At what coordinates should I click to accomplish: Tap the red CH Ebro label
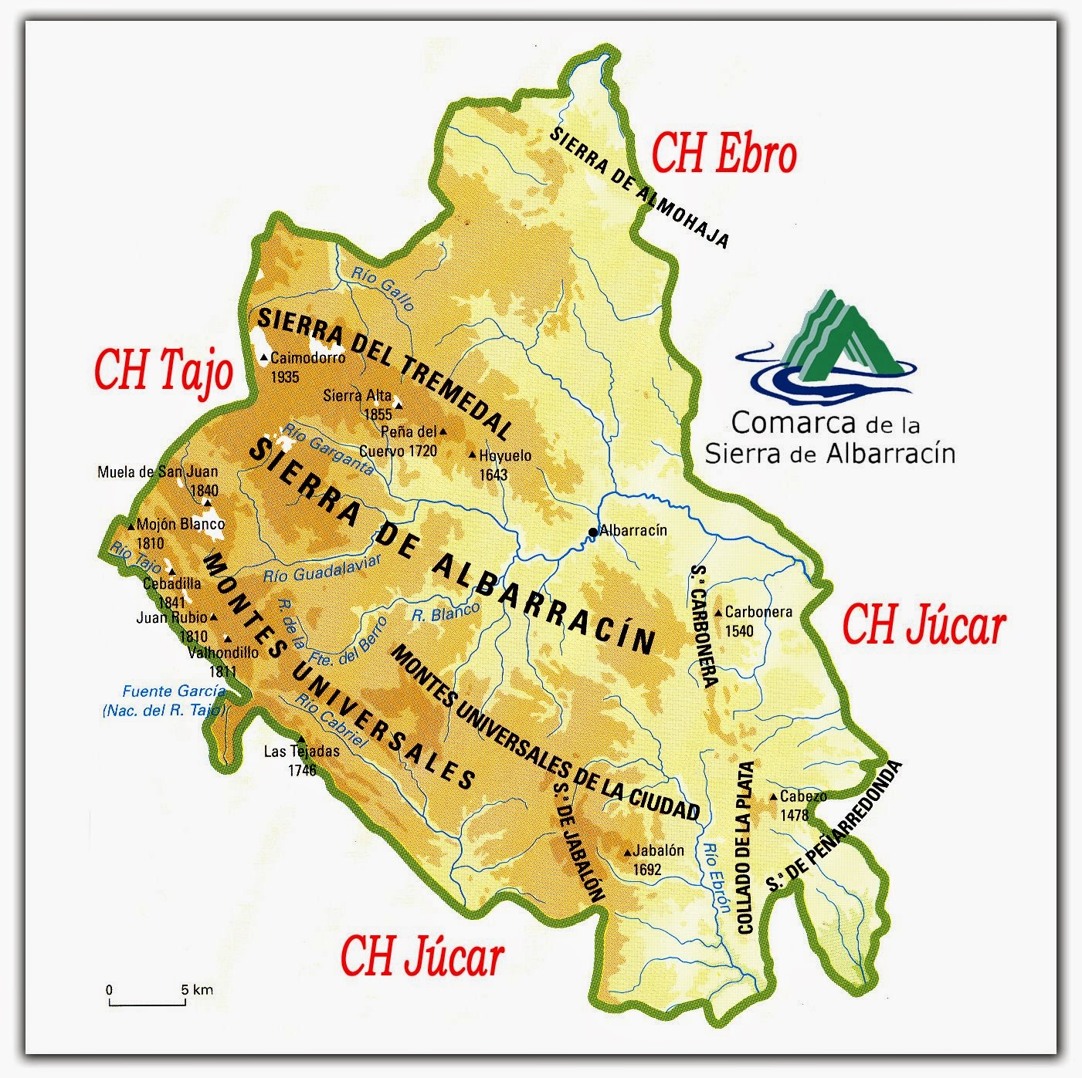[724, 154]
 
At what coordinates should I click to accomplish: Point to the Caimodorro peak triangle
[264, 358]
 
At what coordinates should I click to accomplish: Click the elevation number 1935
[285, 377]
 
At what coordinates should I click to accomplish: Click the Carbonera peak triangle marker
[718, 613]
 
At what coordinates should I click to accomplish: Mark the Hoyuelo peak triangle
[473, 456]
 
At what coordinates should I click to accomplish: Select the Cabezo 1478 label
[800, 806]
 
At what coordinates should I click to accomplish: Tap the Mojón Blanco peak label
[178, 532]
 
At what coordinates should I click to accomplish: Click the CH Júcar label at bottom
[422, 957]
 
